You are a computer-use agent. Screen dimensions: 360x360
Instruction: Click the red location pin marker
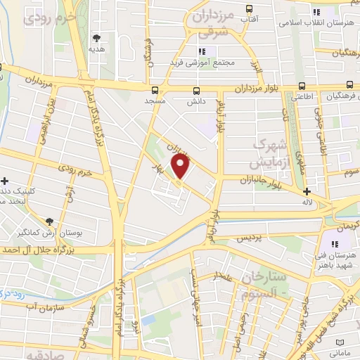coord(181,167)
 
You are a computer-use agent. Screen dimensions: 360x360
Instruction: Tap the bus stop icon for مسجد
coord(155,89)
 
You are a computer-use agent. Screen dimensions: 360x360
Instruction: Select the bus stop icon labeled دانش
coord(196,90)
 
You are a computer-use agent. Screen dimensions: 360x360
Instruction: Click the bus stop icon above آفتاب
coord(248,8)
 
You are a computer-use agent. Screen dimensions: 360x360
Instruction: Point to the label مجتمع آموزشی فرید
coord(200,63)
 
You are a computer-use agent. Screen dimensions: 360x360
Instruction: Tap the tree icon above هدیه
coord(97,38)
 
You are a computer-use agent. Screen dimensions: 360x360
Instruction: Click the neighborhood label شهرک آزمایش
coord(268,154)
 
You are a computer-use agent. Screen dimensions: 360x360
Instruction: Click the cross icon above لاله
coord(307,192)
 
